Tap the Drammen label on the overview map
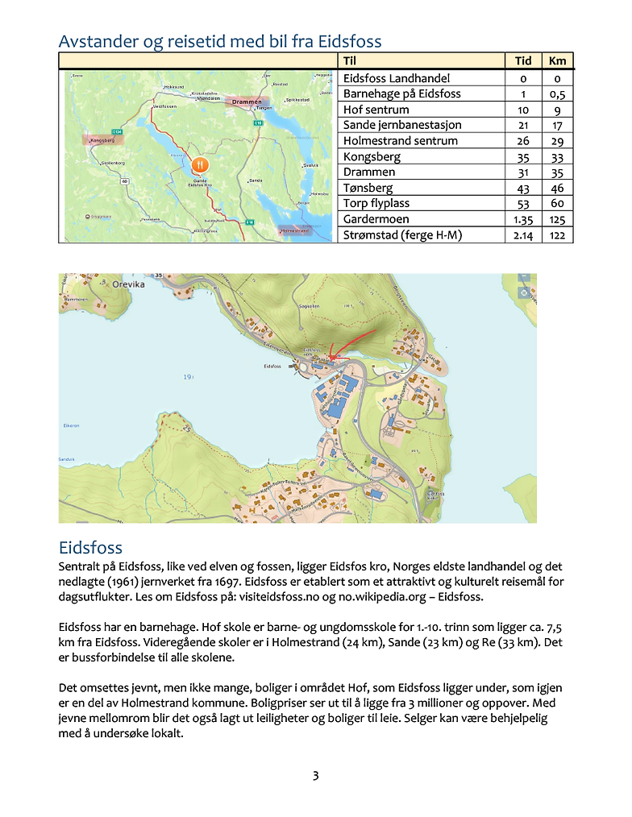[246, 102]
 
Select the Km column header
[557, 60]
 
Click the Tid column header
[523, 60]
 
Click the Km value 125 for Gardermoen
[557, 219]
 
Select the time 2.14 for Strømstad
[523, 235]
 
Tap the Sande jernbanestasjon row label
[402, 125]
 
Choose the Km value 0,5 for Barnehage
[557, 93]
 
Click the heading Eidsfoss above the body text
[90, 549]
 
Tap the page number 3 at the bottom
[316, 776]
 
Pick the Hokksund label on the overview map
[174, 87]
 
